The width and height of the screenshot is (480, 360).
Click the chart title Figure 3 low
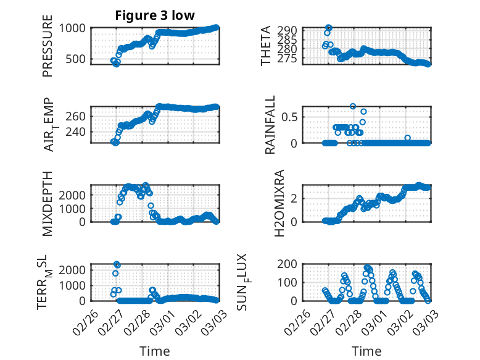[x=155, y=15]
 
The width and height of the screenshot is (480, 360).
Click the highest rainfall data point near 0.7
[x=353, y=106]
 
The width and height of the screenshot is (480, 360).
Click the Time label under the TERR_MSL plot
[x=154, y=351]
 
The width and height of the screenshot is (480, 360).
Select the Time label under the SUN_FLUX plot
[x=367, y=351]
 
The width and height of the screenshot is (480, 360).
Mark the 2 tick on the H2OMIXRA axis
[x=295, y=198]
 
